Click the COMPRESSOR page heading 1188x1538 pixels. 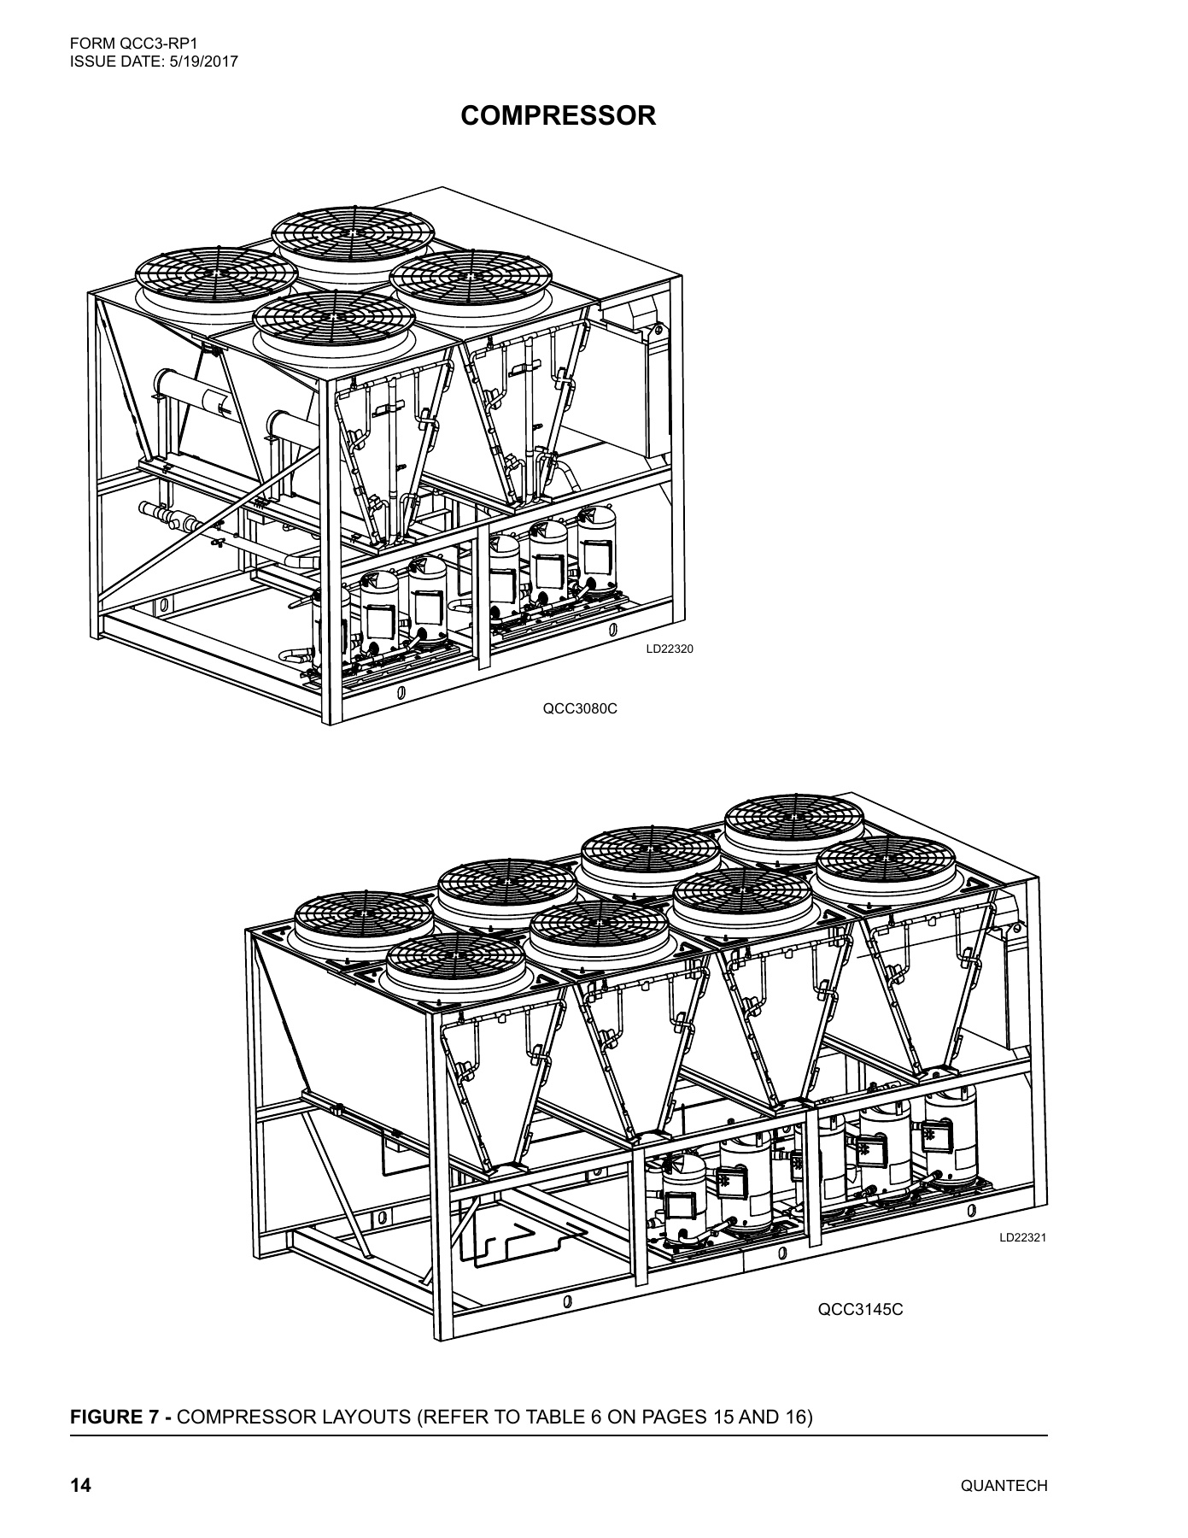coord(559,115)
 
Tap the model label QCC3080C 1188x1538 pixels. coord(580,708)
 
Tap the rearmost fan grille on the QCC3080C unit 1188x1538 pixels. coord(353,232)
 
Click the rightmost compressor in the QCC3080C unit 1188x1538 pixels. coord(598,549)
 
